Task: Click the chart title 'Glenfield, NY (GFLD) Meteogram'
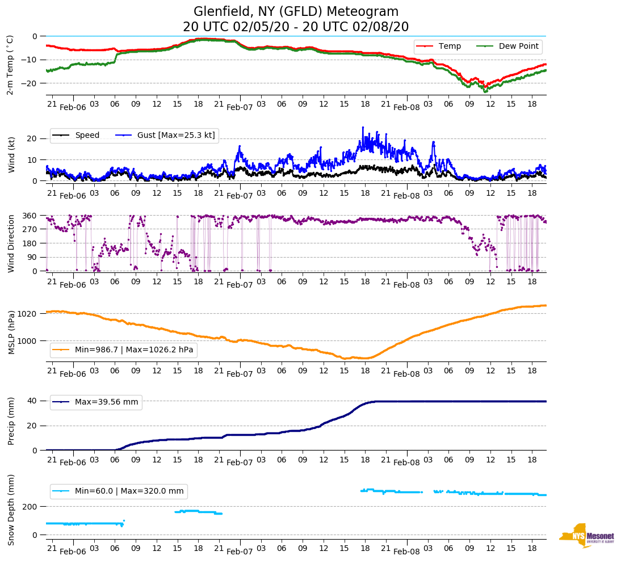point(296,11)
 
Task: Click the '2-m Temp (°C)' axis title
point(10,65)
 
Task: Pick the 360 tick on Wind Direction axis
point(30,216)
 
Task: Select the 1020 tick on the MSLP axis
point(27,314)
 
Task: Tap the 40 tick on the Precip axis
point(33,401)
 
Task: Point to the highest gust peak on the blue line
point(362,128)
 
